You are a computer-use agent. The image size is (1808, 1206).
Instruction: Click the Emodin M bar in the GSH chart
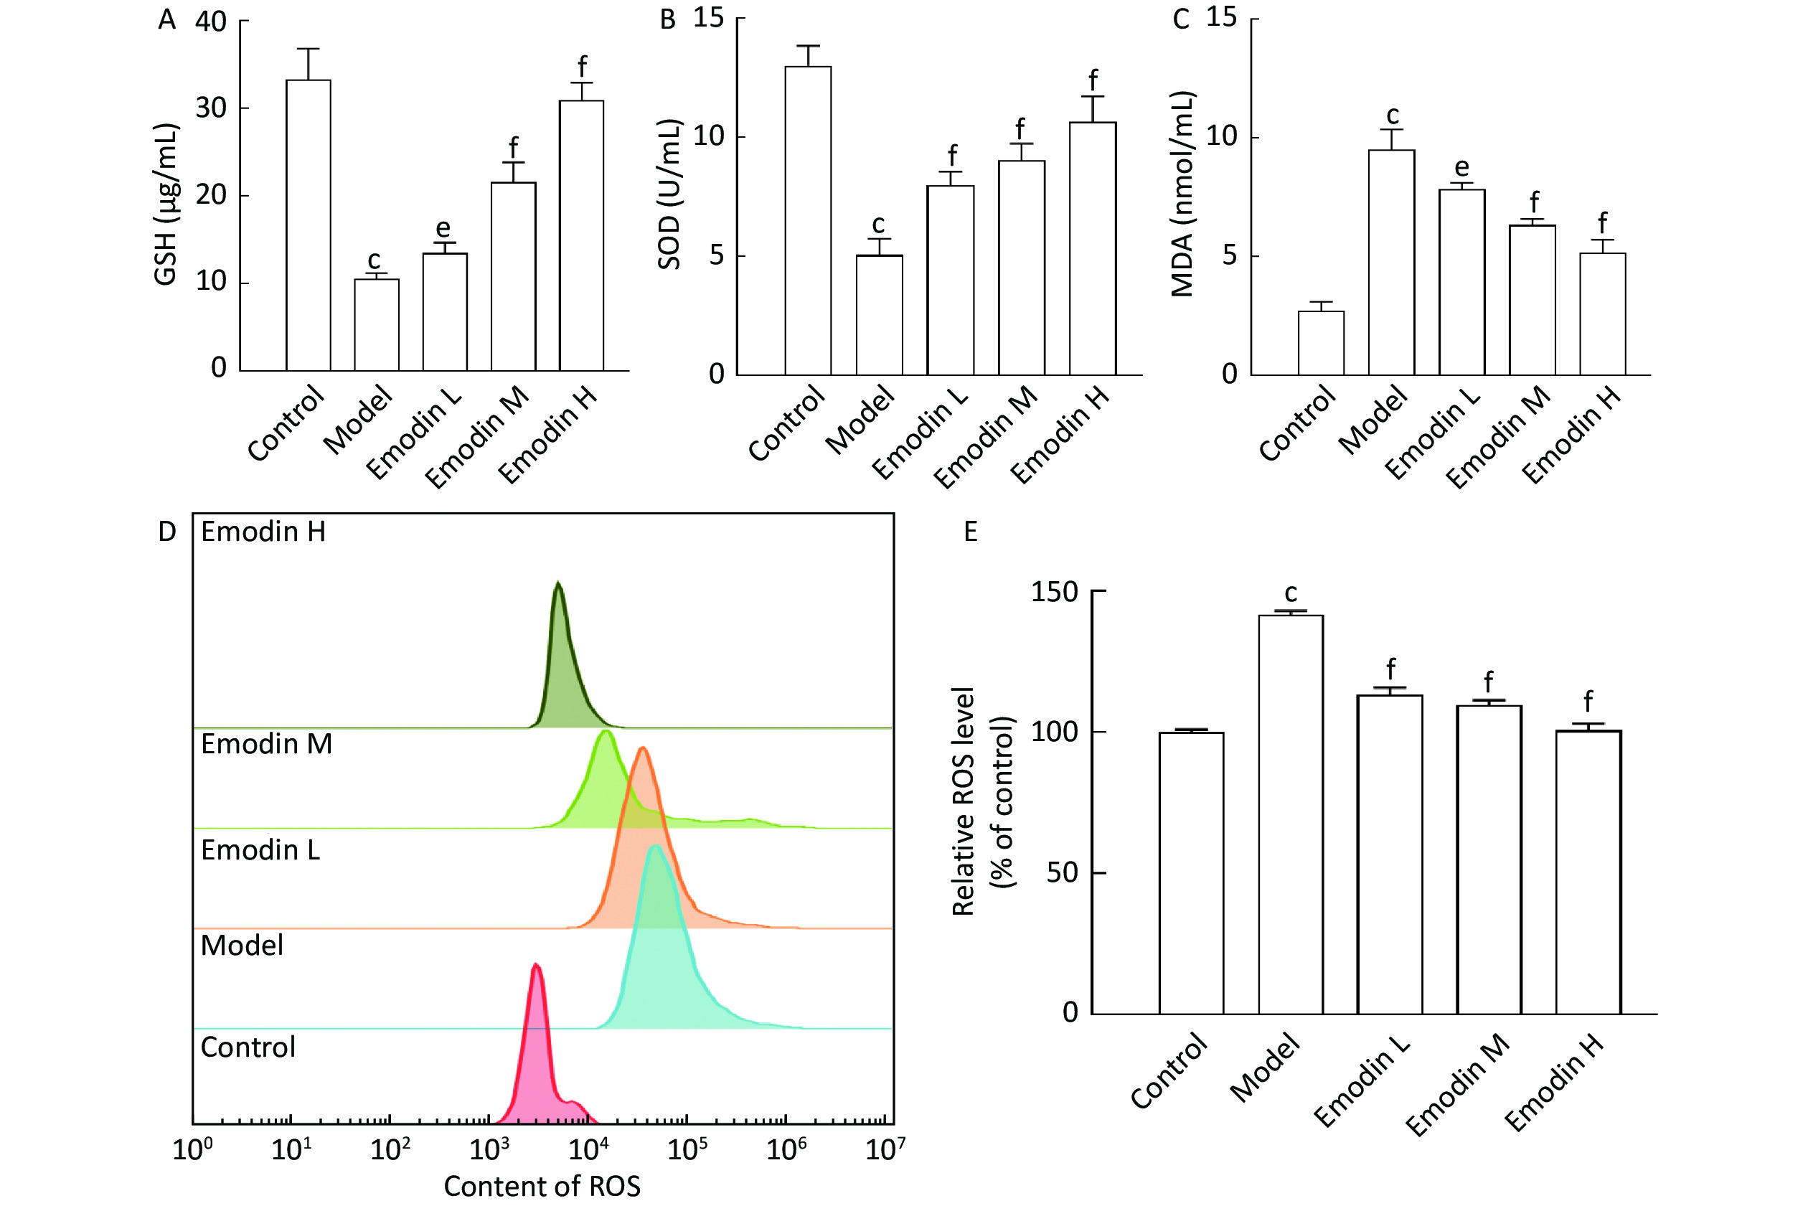coord(513,276)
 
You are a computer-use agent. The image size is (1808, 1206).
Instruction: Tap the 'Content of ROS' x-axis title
coord(542,1186)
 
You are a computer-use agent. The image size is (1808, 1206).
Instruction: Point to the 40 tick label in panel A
coord(210,22)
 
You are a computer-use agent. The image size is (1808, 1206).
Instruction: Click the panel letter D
coord(167,532)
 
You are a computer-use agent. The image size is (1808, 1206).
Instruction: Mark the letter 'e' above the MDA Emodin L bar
coord(1462,167)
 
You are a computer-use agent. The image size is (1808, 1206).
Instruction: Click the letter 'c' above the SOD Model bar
coord(878,225)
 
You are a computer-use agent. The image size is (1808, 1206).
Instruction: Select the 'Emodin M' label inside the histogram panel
coord(266,744)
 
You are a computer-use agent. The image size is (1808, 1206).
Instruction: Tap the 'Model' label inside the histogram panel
coord(242,946)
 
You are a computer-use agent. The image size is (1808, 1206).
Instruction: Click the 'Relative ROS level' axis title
coord(963,801)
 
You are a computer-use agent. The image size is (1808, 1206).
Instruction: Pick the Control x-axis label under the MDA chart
coord(1296,425)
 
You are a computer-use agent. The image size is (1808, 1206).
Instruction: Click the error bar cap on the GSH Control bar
coord(309,50)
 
